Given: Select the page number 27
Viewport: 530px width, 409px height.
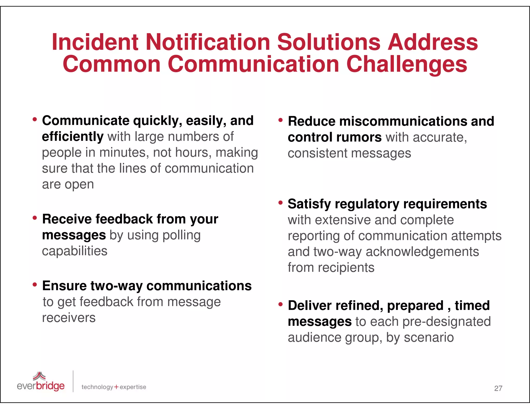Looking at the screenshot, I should tap(498, 388).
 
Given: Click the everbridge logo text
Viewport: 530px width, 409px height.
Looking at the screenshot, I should tap(41, 386).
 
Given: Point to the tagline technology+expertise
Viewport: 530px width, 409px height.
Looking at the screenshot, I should tap(114, 387).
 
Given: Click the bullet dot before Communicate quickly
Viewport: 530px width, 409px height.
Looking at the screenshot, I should tap(35, 119).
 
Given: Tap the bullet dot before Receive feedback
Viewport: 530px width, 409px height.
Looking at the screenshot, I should tap(35, 218).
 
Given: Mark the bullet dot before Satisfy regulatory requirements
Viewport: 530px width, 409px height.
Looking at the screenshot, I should tap(281, 203).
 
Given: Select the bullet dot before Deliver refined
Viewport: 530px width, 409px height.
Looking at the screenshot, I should tap(281, 304).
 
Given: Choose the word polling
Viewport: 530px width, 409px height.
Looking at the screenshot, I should tap(182, 235).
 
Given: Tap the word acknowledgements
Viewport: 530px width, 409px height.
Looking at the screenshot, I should tap(422, 252).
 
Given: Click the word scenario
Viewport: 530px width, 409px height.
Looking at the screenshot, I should tap(429, 337).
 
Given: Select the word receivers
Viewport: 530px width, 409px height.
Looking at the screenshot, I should tap(69, 318).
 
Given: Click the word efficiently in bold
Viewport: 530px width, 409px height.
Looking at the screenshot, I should tap(73, 137).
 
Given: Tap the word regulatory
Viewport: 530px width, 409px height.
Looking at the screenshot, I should tap(367, 204).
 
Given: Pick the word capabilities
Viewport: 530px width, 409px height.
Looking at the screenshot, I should tap(75, 251).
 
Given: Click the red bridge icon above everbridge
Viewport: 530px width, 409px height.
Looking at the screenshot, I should tap(39, 376).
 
